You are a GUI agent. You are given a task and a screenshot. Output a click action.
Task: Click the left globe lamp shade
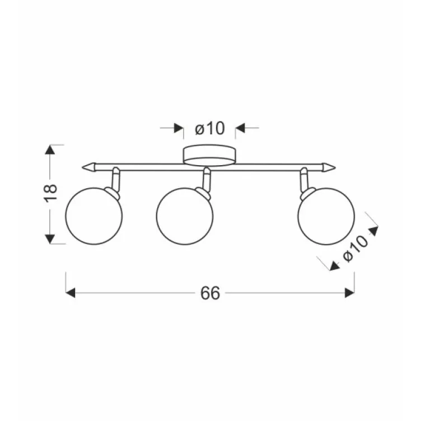[94, 216]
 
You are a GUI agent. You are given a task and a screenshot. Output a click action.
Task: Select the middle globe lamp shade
[185, 217]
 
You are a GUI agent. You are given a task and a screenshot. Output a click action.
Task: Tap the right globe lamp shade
[326, 216]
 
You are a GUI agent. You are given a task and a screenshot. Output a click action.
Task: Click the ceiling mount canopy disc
[209, 155]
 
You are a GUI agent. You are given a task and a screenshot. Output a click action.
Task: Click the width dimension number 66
[210, 293]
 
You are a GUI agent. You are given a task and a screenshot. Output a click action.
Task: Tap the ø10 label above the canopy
[209, 129]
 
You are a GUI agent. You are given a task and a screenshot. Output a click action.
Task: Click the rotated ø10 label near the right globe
[355, 248]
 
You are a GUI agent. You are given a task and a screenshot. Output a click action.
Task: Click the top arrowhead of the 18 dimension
[50, 149]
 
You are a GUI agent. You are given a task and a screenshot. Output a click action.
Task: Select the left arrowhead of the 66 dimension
[71, 293]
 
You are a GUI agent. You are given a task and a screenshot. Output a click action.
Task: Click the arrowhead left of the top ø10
[179, 129]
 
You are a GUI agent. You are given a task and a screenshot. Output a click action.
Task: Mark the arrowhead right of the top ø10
[240, 129]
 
